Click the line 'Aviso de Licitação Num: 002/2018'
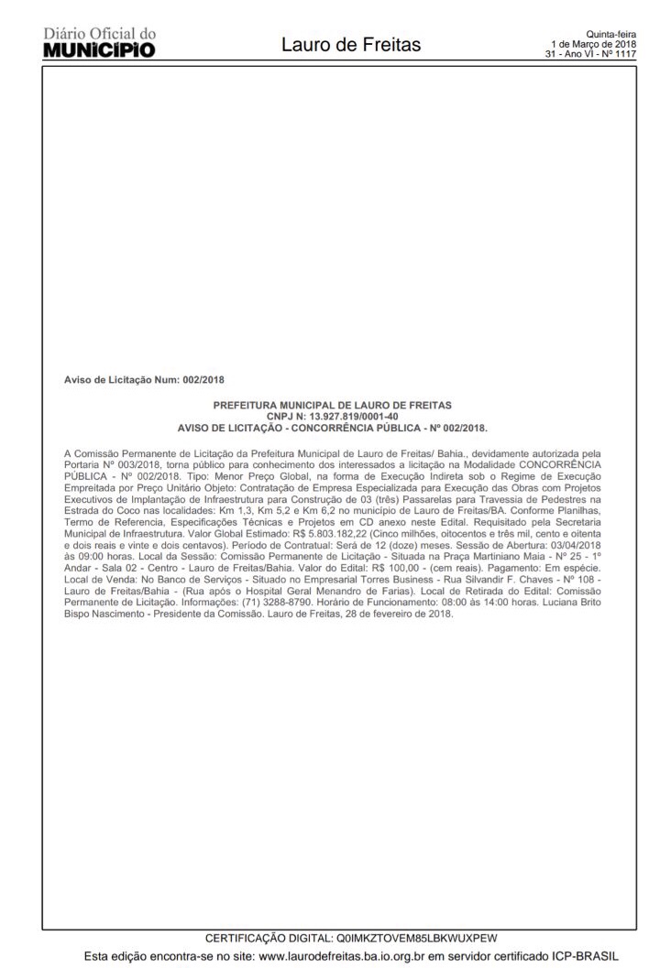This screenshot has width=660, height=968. point(144,378)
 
